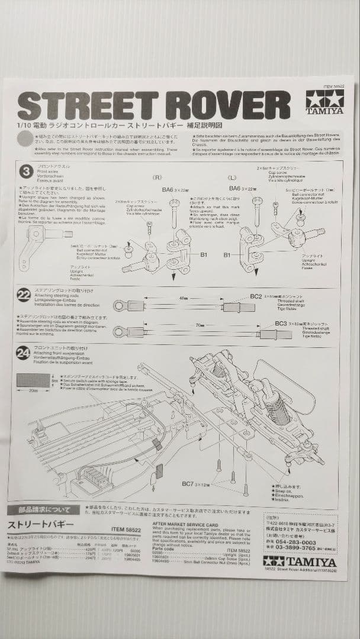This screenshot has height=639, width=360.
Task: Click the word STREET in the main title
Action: point(89,106)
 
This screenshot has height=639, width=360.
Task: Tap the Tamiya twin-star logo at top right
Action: point(324,102)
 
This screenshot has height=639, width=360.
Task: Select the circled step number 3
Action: point(26,172)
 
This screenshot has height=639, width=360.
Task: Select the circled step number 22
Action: point(24,294)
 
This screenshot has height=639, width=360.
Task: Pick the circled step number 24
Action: point(24,353)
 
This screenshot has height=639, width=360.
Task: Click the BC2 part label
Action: point(256,296)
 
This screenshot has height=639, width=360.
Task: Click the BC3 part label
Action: point(281,324)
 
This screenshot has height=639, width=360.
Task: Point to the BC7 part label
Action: point(189,483)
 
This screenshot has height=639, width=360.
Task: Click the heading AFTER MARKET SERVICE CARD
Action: point(185,524)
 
